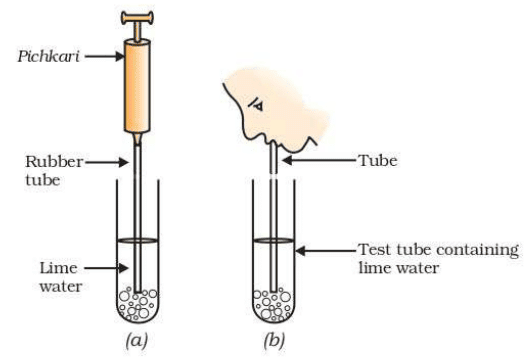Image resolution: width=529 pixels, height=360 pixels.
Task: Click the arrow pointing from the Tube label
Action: (x=318, y=159)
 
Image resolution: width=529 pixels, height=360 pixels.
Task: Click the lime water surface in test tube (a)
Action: (x=136, y=240)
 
